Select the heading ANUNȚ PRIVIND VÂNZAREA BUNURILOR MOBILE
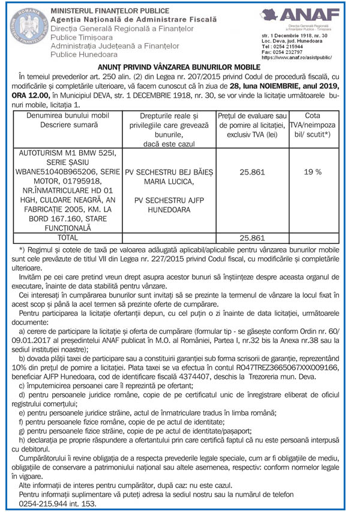click(x=179, y=69)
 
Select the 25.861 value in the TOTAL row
click(x=252, y=238)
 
